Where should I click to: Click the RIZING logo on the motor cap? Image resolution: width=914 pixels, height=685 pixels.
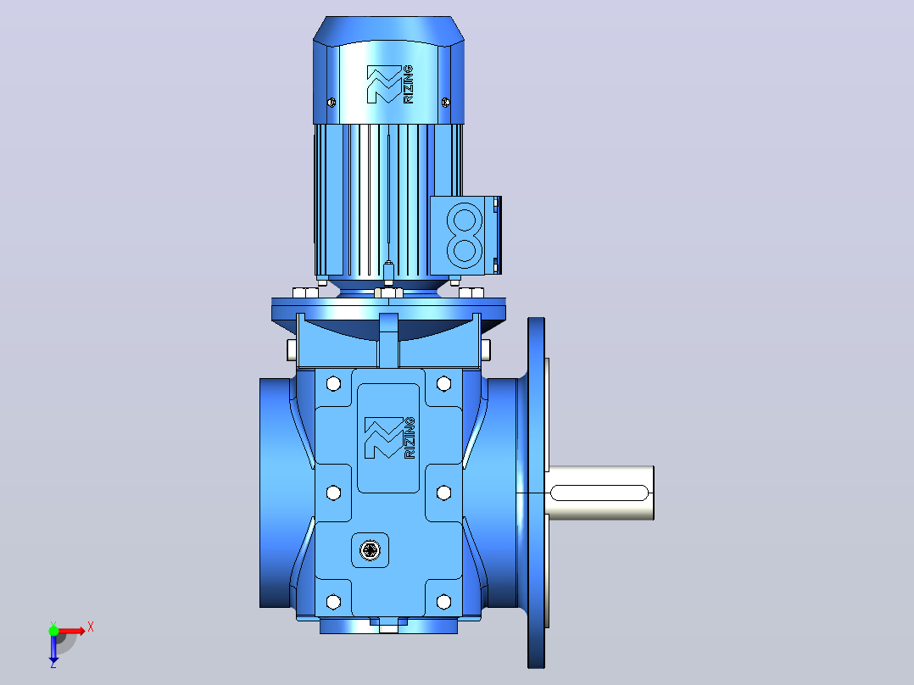click(390, 85)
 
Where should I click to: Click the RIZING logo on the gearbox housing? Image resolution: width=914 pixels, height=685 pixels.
click(390, 437)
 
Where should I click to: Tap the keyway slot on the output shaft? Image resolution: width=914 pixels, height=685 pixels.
click(599, 493)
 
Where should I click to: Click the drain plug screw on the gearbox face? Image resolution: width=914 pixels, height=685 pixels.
click(371, 549)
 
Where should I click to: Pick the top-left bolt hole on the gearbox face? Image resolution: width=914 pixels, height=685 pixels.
click(333, 383)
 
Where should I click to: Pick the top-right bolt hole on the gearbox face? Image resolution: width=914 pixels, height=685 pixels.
click(443, 383)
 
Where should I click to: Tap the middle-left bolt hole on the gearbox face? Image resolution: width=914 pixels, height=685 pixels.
click(333, 493)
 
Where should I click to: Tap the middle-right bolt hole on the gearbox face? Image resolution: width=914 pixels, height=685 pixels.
click(443, 493)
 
